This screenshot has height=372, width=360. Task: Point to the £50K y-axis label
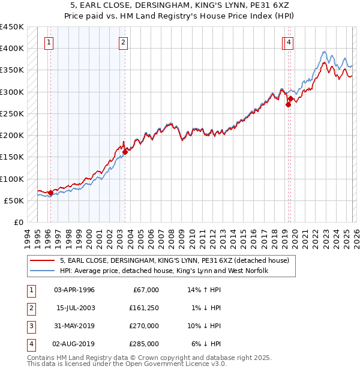(14, 200)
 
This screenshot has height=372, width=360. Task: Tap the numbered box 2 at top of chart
(123, 42)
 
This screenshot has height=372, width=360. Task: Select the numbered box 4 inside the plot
(289, 42)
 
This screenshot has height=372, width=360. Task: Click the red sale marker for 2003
(125, 152)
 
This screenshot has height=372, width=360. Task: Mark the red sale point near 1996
(50, 193)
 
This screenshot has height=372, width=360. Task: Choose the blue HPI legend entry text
(163, 271)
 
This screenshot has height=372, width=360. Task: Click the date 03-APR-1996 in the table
(74, 290)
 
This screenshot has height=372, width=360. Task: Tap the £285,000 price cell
(144, 344)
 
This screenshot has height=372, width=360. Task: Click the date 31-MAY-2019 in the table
(74, 326)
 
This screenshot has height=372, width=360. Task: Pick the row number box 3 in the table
(31, 326)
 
